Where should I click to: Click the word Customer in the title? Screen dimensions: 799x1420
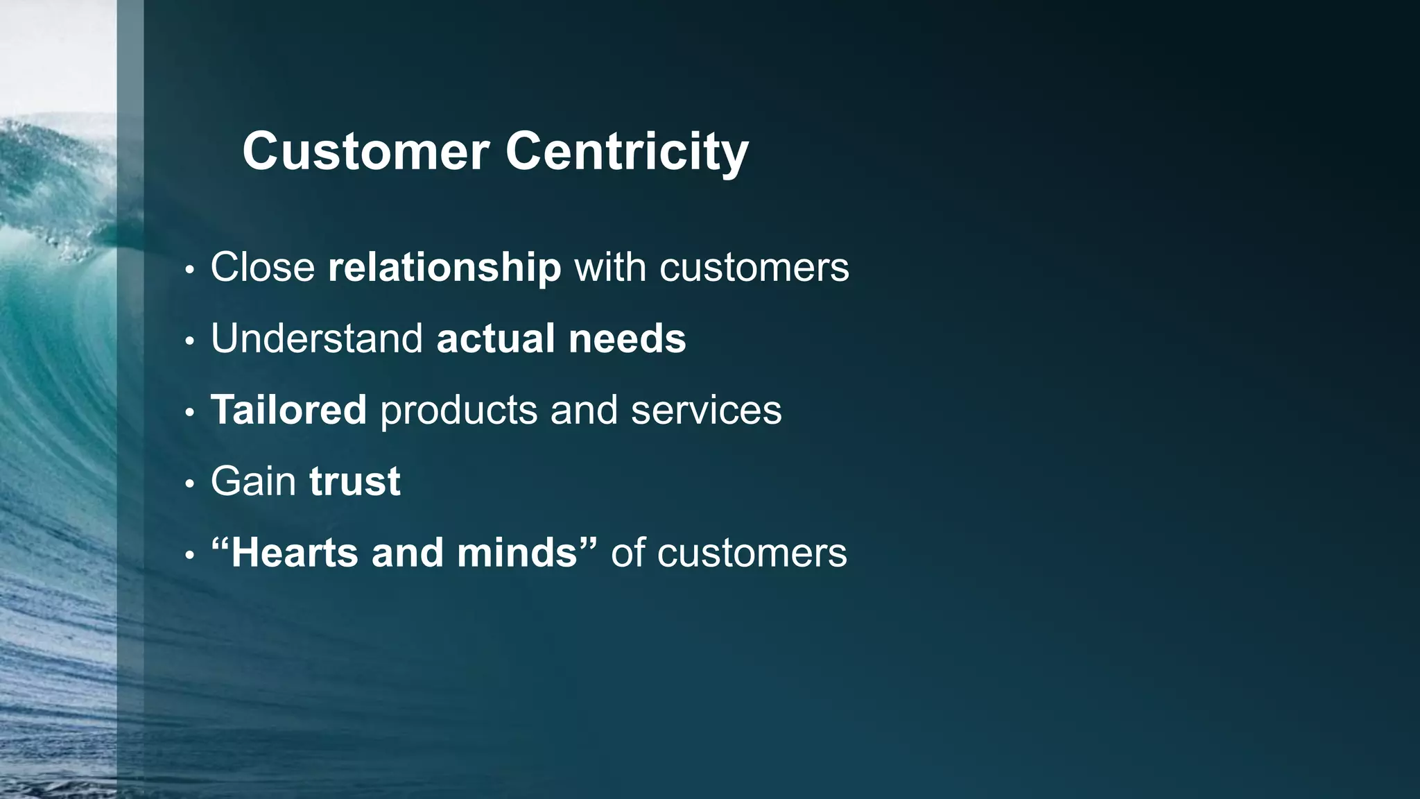(365, 151)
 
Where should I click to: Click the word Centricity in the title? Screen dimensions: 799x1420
(627, 151)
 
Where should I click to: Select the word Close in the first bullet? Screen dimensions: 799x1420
(263, 267)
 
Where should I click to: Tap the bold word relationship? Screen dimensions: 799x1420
(444, 267)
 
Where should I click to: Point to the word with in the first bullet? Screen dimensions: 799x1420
(610, 267)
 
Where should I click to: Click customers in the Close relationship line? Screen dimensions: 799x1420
(754, 267)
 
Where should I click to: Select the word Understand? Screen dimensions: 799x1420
(317, 338)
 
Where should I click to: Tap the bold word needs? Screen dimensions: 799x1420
(627, 338)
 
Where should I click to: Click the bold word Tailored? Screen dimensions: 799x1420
(288, 410)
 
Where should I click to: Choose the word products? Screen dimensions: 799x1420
(458, 410)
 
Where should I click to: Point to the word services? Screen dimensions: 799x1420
(706, 410)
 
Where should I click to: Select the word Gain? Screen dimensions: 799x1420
(253, 481)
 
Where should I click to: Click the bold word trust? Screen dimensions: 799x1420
(354, 481)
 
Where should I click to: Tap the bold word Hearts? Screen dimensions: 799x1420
(295, 553)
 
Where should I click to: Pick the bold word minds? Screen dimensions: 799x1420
(517, 553)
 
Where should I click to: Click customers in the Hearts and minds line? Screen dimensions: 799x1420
(752, 553)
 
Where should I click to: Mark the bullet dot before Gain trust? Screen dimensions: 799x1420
(189, 484)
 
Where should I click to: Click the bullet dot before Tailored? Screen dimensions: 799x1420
(189, 413)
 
